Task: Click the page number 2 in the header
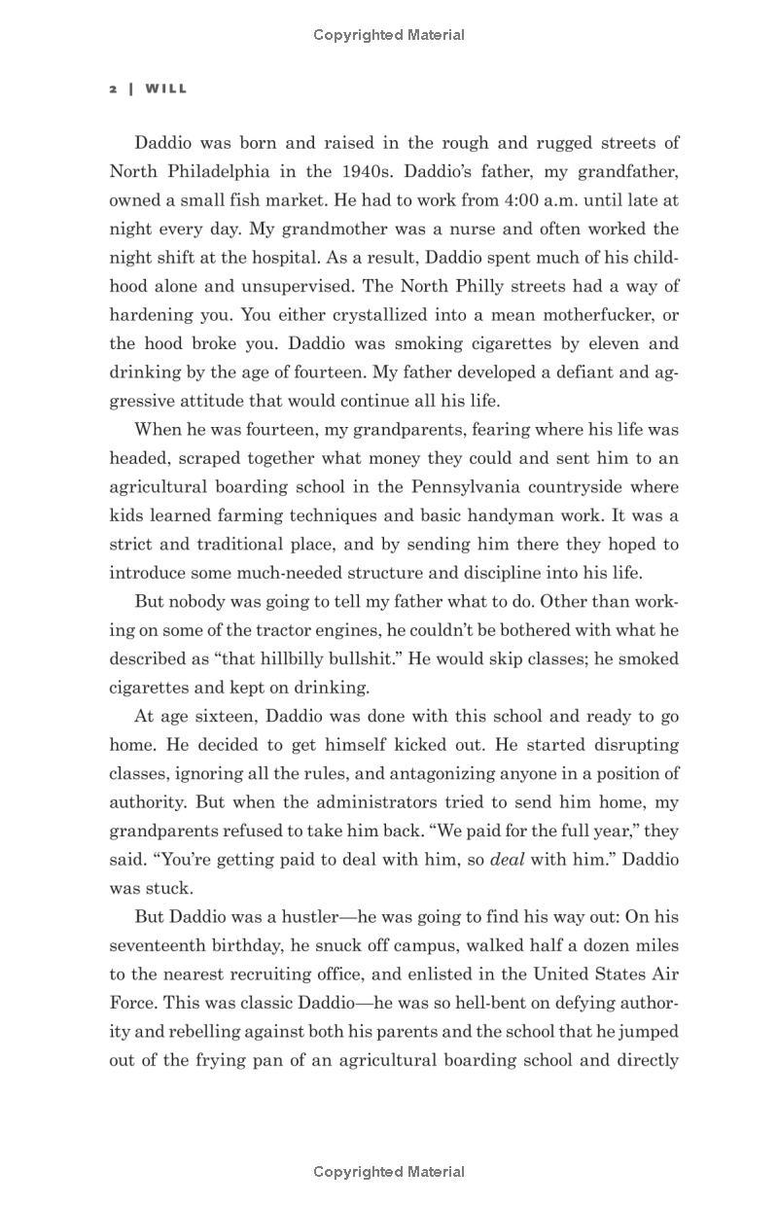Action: [x=114, y=89]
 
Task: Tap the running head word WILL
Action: [x=166, y=89]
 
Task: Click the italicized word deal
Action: [x=507, y=860]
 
